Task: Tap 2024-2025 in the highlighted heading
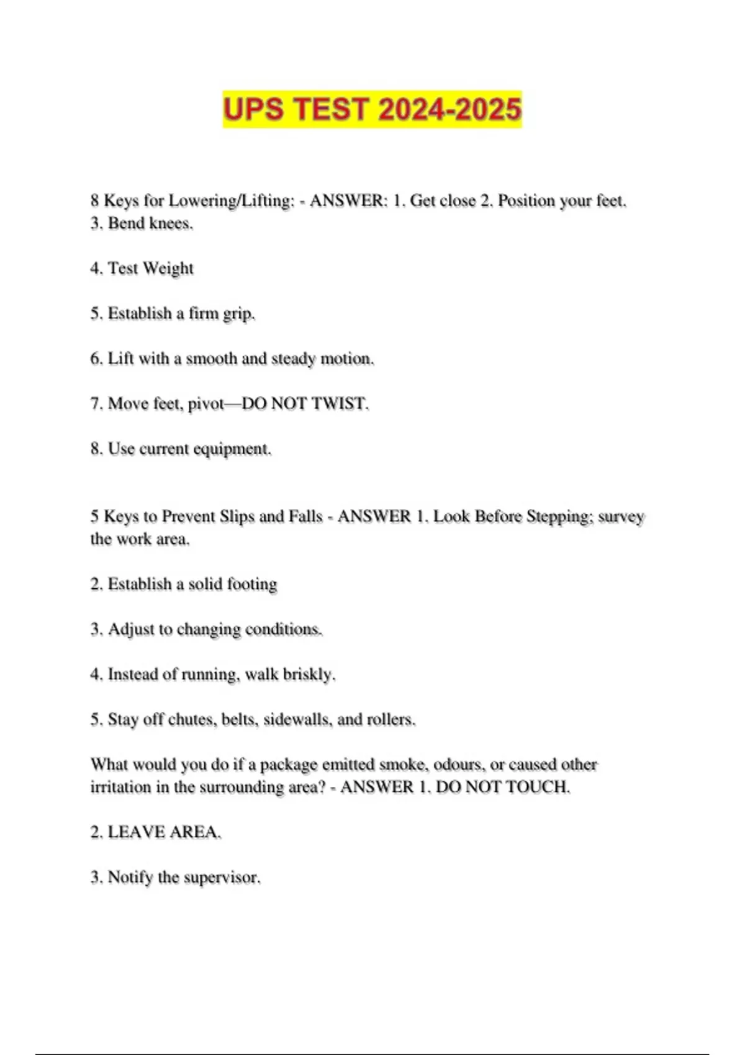[x=449, y=110]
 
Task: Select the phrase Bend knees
[x=150, y=223]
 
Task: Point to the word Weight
[x=168, y=268]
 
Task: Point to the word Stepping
[x=559, y=516]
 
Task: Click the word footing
[x=251, y=585]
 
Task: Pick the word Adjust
[x=131, y=629]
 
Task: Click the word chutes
[x=192, y=720]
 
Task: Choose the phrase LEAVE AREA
[x=164, y=832]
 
